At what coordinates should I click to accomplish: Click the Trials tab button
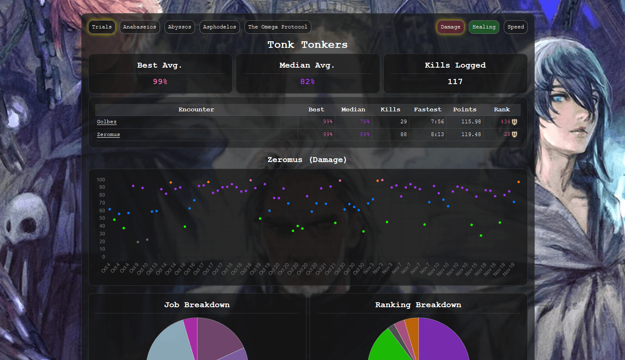(102, 27)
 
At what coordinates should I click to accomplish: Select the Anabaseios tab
(140, 27)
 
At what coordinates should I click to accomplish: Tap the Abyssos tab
(180, 27)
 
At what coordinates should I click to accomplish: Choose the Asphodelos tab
(220, 27)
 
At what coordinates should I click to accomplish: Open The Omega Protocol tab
(278, 27)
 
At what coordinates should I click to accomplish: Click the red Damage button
(450, 27)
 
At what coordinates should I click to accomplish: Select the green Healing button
(484, 27)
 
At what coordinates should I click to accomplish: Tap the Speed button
(516, 27)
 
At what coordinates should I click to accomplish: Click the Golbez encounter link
(107, 122)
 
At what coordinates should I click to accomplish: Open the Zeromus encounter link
(108, 135)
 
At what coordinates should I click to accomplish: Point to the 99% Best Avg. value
(160, 82)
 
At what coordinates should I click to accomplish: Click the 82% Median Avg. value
(308, 82)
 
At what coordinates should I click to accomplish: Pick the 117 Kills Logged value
(455, 82)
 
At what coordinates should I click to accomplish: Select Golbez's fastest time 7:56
(437, 122)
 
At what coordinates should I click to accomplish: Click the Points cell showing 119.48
(471, 134)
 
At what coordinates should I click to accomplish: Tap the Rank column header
(502, 110)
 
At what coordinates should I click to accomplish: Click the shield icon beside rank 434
(515, 122)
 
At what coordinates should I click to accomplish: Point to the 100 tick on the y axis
(101, 180)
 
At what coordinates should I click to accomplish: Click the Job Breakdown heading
(197, 305)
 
